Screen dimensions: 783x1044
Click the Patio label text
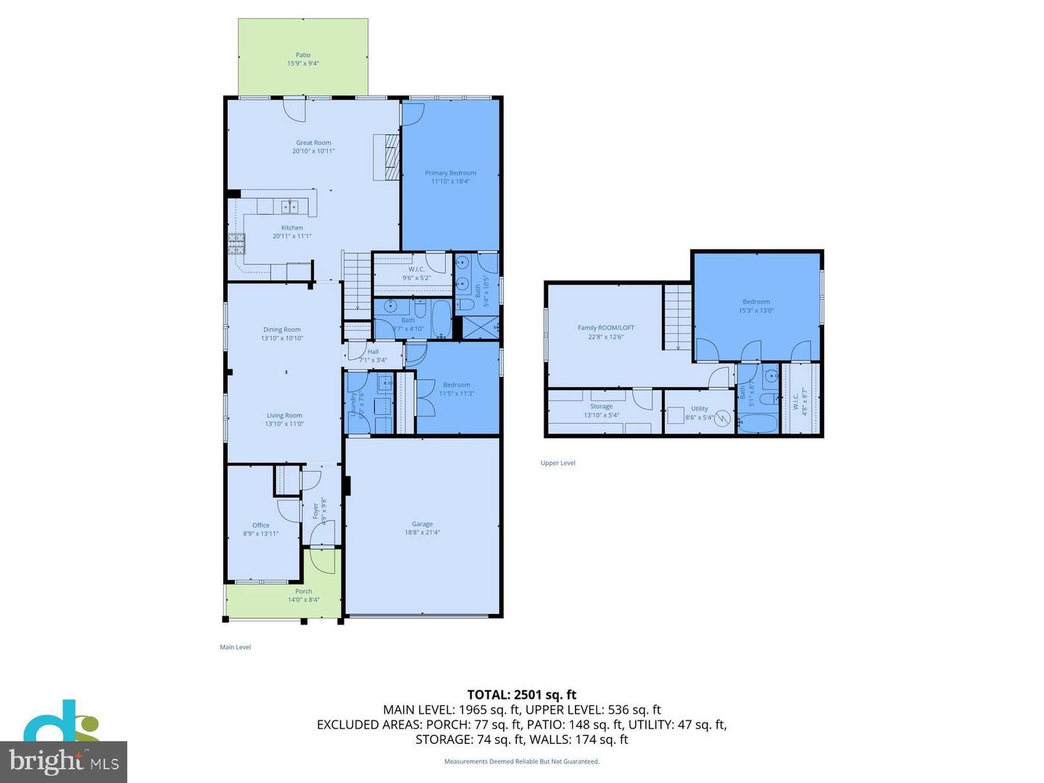pos(303,55)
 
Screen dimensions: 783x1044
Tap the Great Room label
pos(313,143)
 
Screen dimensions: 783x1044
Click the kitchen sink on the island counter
pos(290,207)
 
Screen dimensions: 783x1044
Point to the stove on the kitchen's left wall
pos(236,244)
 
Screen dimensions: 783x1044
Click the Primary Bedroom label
pos(450,173)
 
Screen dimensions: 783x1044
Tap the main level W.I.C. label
pos(416,269)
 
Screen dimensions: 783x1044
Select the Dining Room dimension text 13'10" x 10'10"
pos(282,338)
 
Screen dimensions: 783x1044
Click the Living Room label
pos(283,415)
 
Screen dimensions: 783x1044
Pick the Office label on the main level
pos(260,525)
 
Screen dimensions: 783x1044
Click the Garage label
pos(422,523)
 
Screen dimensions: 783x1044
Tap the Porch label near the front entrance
pos(303,591)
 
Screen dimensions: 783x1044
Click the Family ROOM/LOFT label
pos(605,328)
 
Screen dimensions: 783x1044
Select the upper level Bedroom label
pos(755,302)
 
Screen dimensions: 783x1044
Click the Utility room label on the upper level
pos(699,408)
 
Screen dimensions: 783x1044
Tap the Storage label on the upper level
pos(601,406)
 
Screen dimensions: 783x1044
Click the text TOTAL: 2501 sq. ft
pos(521,695)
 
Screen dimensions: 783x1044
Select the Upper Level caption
pos(558,463)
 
